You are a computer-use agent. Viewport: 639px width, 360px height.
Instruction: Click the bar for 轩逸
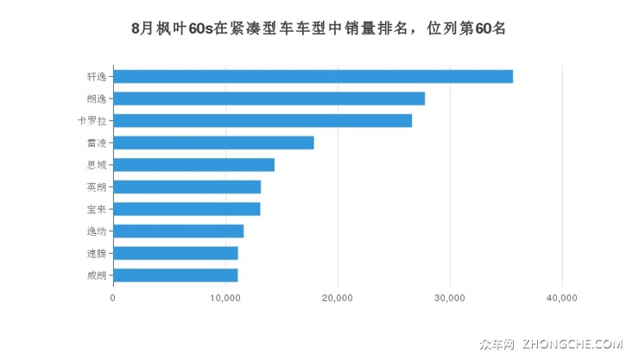(x=313, y=76)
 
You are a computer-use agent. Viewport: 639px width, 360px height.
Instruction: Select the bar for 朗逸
(x=269, y=98)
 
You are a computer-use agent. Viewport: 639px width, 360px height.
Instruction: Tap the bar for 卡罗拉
(x=263, y=120)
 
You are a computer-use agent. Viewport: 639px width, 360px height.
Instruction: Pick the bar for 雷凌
(x=213, y=142)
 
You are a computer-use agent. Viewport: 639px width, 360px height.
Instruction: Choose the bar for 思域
(x=193, y=165)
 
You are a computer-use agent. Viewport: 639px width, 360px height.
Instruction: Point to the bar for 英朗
(x=187, y=186)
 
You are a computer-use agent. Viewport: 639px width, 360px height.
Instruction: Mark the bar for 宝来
(x=187, y=209)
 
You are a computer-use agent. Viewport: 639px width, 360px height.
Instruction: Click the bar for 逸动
(x=178, y=231)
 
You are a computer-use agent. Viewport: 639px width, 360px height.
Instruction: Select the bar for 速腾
(x=175, y=253)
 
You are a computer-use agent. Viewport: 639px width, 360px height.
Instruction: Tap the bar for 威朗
(x=175, y=275)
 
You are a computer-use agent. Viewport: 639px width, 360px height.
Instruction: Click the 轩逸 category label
(x=97, y=76)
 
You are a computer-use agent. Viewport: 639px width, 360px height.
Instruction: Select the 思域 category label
(x=97, y=165)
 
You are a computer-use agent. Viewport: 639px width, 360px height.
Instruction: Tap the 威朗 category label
(x=97, y=275)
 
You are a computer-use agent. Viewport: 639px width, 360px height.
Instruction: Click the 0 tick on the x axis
(x=113, y=298)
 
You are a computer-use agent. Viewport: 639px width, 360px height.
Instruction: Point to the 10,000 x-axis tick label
(x=225, y=298)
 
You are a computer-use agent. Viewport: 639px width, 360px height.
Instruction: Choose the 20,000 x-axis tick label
(x=338, y=298)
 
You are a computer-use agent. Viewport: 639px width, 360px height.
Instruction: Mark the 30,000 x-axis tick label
(x=450, y=298)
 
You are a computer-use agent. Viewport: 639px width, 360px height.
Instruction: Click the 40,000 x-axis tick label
(x=562, y=298)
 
